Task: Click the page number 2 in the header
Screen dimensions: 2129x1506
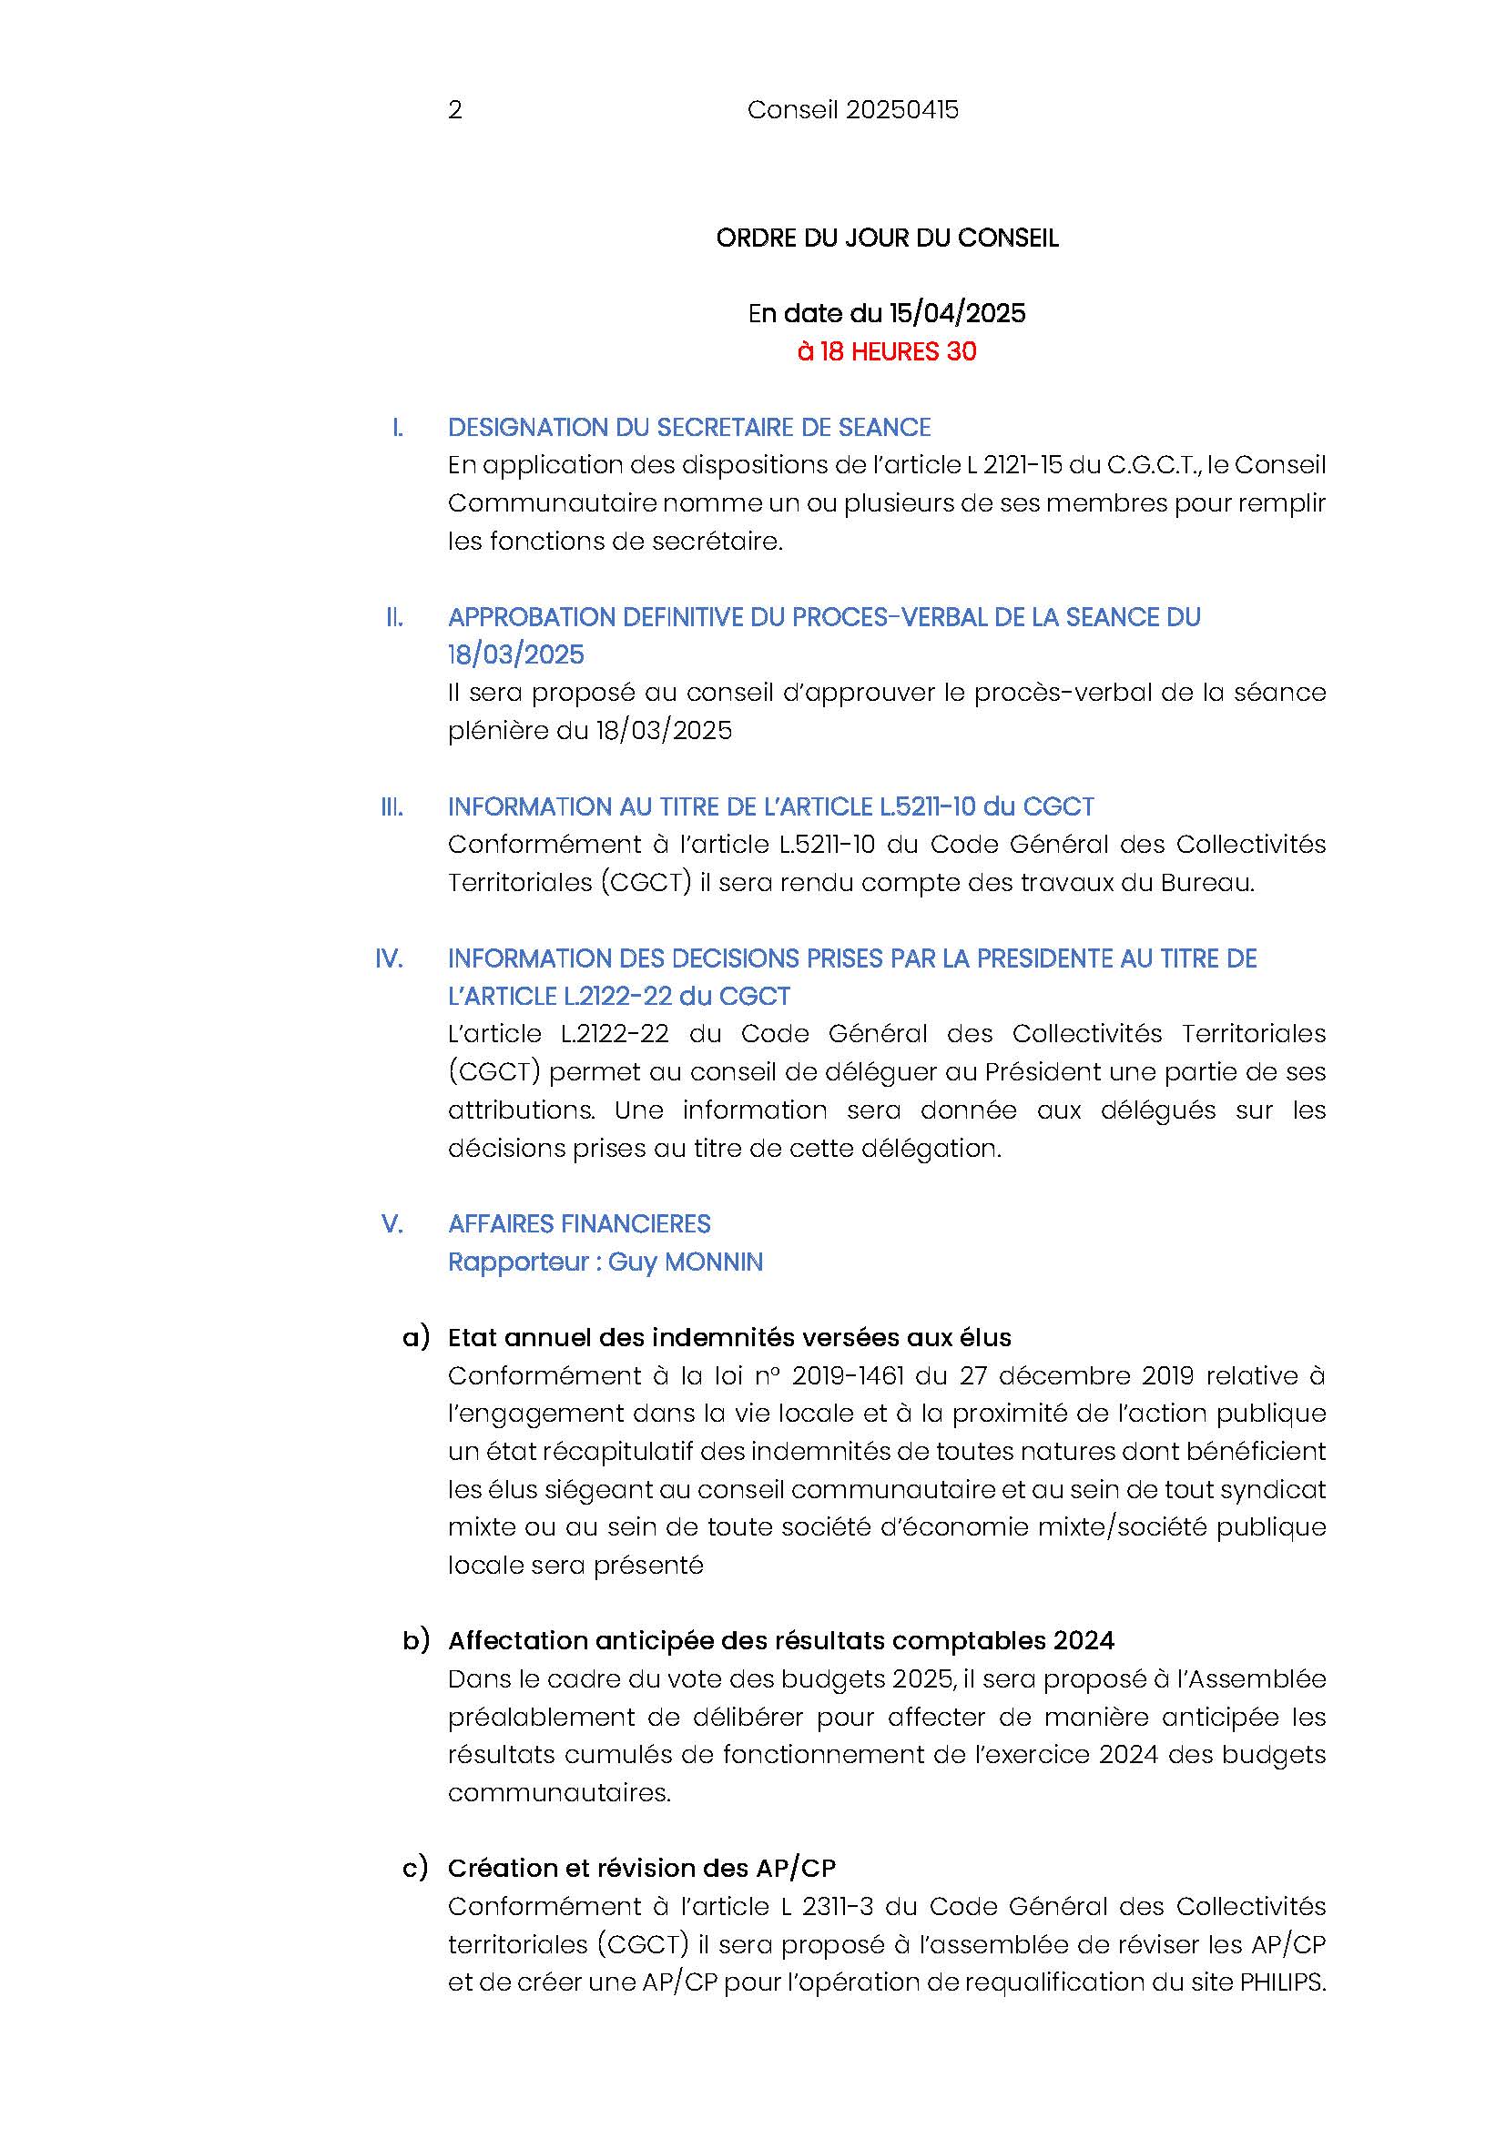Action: [454, 110]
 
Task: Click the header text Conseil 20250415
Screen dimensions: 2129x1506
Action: [852, 110]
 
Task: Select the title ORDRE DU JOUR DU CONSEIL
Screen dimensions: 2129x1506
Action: [887, 238]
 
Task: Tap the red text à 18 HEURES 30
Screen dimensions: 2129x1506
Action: [887, 352]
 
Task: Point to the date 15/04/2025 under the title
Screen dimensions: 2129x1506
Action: [957, 313]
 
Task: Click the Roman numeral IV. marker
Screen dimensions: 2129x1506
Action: [389, 958]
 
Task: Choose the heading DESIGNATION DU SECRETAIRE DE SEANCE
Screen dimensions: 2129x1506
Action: [689, 428]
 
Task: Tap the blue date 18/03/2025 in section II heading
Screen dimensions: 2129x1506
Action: [515, 655]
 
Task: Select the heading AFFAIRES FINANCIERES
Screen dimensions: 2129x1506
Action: [579, 1224]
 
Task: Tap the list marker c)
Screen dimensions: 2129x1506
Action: [415, 1869]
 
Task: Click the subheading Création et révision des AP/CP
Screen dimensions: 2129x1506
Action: [642, 1869]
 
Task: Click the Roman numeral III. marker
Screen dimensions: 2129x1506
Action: [392, 806]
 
